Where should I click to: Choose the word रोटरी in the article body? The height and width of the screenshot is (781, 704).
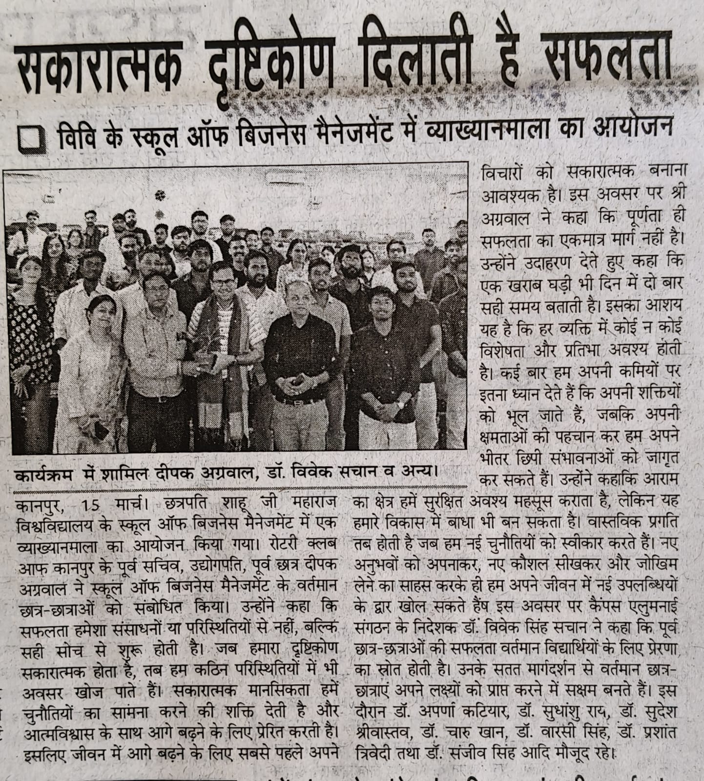click(x=268, y=543)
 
